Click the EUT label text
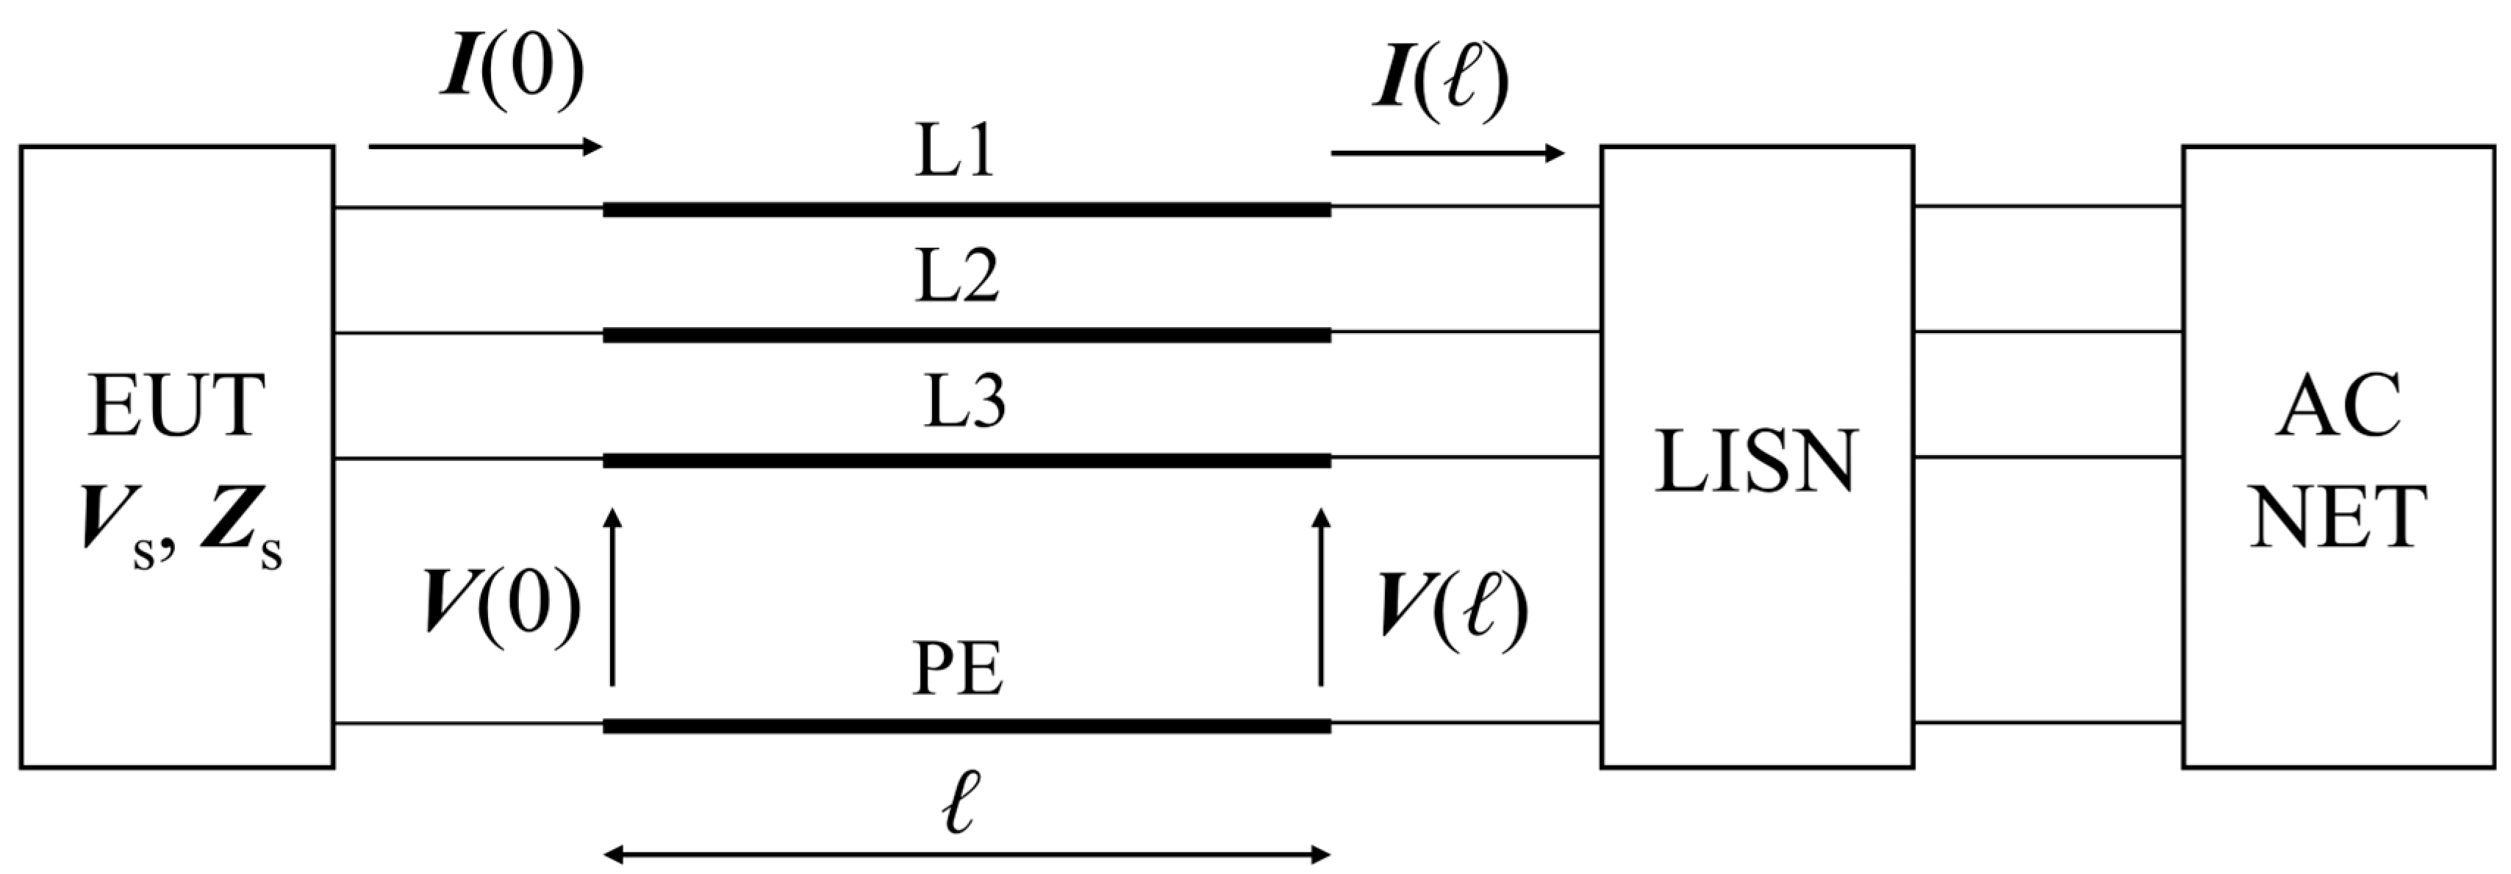point(176,407)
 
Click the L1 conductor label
point(954,154)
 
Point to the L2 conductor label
point(956,278)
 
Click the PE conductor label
point(957,670)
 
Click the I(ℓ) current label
point(1441,80)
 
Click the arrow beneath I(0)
point(485,147)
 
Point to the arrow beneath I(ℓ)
point(1447,153)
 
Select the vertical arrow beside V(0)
point(612,596)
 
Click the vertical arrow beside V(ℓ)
point(1321,596)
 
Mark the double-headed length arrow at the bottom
point(966,856)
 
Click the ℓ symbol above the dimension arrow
point(960,803)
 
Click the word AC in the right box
point(2338,407)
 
